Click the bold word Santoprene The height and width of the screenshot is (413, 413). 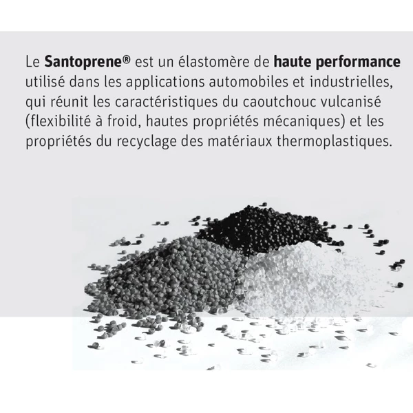pos(83,62)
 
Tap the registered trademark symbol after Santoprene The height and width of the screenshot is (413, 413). pos(127,59)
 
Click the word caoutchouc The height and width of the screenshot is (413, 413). pos(279,101)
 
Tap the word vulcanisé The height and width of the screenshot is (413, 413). pos(350,101)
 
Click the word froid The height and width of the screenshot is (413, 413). pos(123,121)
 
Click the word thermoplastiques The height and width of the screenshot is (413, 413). pos(335,142)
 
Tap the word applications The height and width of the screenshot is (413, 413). pos(165,82)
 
